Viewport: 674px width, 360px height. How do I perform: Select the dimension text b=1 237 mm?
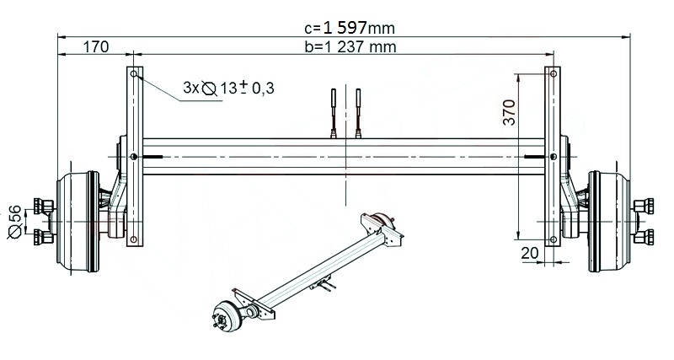tap(350, 47)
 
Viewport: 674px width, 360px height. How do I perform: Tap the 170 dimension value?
tap(95, 47)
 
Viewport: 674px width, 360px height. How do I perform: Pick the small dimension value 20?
tap(529, 252)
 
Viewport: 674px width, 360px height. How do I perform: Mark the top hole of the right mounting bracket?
tap(552, 76)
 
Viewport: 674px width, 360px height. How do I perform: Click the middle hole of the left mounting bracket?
tap(135, 157)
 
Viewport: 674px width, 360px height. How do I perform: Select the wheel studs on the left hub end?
tap(40, 222)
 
